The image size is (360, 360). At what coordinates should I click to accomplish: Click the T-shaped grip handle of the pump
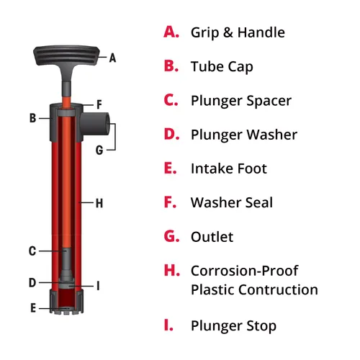point(66,56)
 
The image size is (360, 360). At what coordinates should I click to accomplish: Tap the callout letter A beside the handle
point(112,58)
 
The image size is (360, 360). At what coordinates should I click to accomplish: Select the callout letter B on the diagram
point(33,118)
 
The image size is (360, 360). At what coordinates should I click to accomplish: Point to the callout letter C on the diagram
point(32,251)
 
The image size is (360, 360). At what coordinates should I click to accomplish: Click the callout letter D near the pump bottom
point(32,283)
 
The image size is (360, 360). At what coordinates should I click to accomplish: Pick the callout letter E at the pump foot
point(33,308)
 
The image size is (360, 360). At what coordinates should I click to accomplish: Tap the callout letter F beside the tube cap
point(99,104)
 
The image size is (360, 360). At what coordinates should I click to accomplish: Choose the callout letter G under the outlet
point(99,150)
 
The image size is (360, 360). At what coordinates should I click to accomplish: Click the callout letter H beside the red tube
point(99,203)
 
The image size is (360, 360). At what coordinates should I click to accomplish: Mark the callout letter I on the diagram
point(98,286)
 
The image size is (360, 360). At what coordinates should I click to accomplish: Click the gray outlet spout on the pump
point(95,124)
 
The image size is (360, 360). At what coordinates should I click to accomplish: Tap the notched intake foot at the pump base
point(66,302)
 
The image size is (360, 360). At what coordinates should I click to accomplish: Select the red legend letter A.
point(171,32)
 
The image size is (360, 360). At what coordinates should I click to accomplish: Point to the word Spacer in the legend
point(269,101)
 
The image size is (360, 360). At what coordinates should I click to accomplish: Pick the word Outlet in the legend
point(212,237)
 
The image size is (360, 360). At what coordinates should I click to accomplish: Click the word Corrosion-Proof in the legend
point(245,271)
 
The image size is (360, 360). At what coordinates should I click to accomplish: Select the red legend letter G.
point(171,236)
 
